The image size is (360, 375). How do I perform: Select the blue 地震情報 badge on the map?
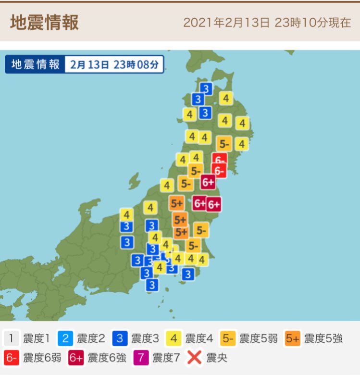coord(36,65)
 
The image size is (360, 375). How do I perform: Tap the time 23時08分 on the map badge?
coord(136,65)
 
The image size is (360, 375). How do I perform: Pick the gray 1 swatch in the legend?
coord(11,338)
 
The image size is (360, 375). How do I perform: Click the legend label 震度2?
coord(90,338)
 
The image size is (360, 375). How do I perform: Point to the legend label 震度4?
coord(199,338)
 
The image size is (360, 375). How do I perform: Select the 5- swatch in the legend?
coord(228,338)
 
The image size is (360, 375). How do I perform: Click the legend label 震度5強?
coord(323,338)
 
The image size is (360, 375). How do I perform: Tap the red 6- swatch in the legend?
coord(11,358)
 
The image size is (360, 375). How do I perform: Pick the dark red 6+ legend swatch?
coord(76,358)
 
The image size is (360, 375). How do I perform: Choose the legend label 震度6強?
coord(107,358)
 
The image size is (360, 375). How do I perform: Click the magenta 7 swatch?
coord(141,358)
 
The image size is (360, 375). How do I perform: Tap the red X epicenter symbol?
coord(194,358)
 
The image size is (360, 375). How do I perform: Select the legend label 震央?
coord(217,358)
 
